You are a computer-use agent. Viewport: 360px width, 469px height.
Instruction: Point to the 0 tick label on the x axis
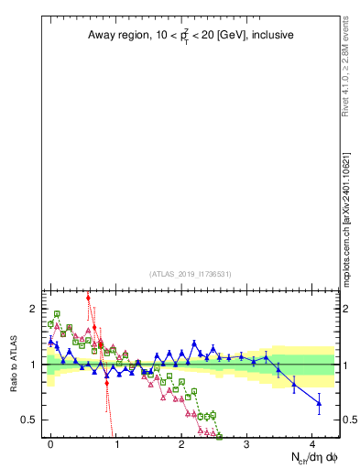tap(51, 442)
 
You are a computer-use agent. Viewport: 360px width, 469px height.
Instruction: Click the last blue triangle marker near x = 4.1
tap(319, 403)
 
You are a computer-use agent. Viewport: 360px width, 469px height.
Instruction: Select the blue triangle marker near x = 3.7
tap(294, 385)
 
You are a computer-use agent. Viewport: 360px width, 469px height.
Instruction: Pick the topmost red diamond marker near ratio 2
tap(88, 298)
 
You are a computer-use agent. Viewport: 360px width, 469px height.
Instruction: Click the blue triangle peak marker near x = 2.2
tap(194, 344)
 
